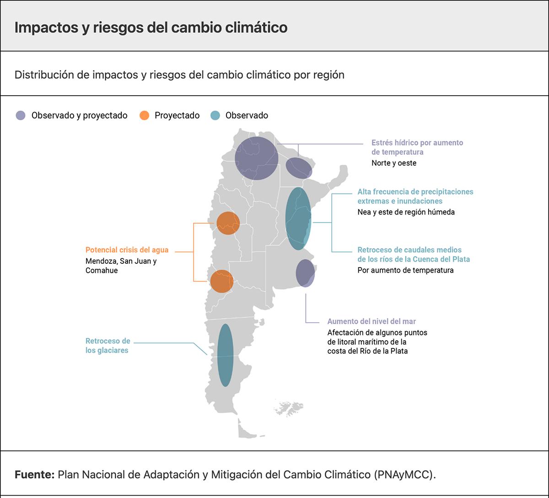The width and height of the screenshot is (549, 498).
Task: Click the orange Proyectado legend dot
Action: pos(144,116)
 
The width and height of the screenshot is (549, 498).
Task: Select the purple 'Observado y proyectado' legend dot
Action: pos(21,116)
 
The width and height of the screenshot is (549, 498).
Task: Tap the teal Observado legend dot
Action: pos(215,116)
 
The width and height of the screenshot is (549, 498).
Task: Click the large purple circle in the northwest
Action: pos(257,158)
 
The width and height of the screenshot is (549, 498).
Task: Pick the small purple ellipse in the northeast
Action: pos(299,168)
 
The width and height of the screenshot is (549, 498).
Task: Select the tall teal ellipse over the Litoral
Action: pos(298,219)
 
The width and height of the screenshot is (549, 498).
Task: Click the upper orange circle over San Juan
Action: pos(228,223)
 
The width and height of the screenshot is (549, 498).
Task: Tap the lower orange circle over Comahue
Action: pos(221,281)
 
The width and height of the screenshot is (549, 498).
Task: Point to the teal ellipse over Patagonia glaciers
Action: pos(225,355)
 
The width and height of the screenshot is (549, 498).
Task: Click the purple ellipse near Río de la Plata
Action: pos(305,273)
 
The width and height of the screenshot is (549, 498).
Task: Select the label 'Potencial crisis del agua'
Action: pos(127,250)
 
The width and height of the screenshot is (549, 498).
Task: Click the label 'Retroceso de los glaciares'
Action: pos(108,346)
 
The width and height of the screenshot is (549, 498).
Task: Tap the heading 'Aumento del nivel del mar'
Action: pos(371,321)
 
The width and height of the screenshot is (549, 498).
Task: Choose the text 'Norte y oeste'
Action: pos(394,163)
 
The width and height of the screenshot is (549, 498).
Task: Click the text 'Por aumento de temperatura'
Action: pos(405,270)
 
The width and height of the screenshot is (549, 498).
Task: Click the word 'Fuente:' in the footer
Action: pos(34,475)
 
